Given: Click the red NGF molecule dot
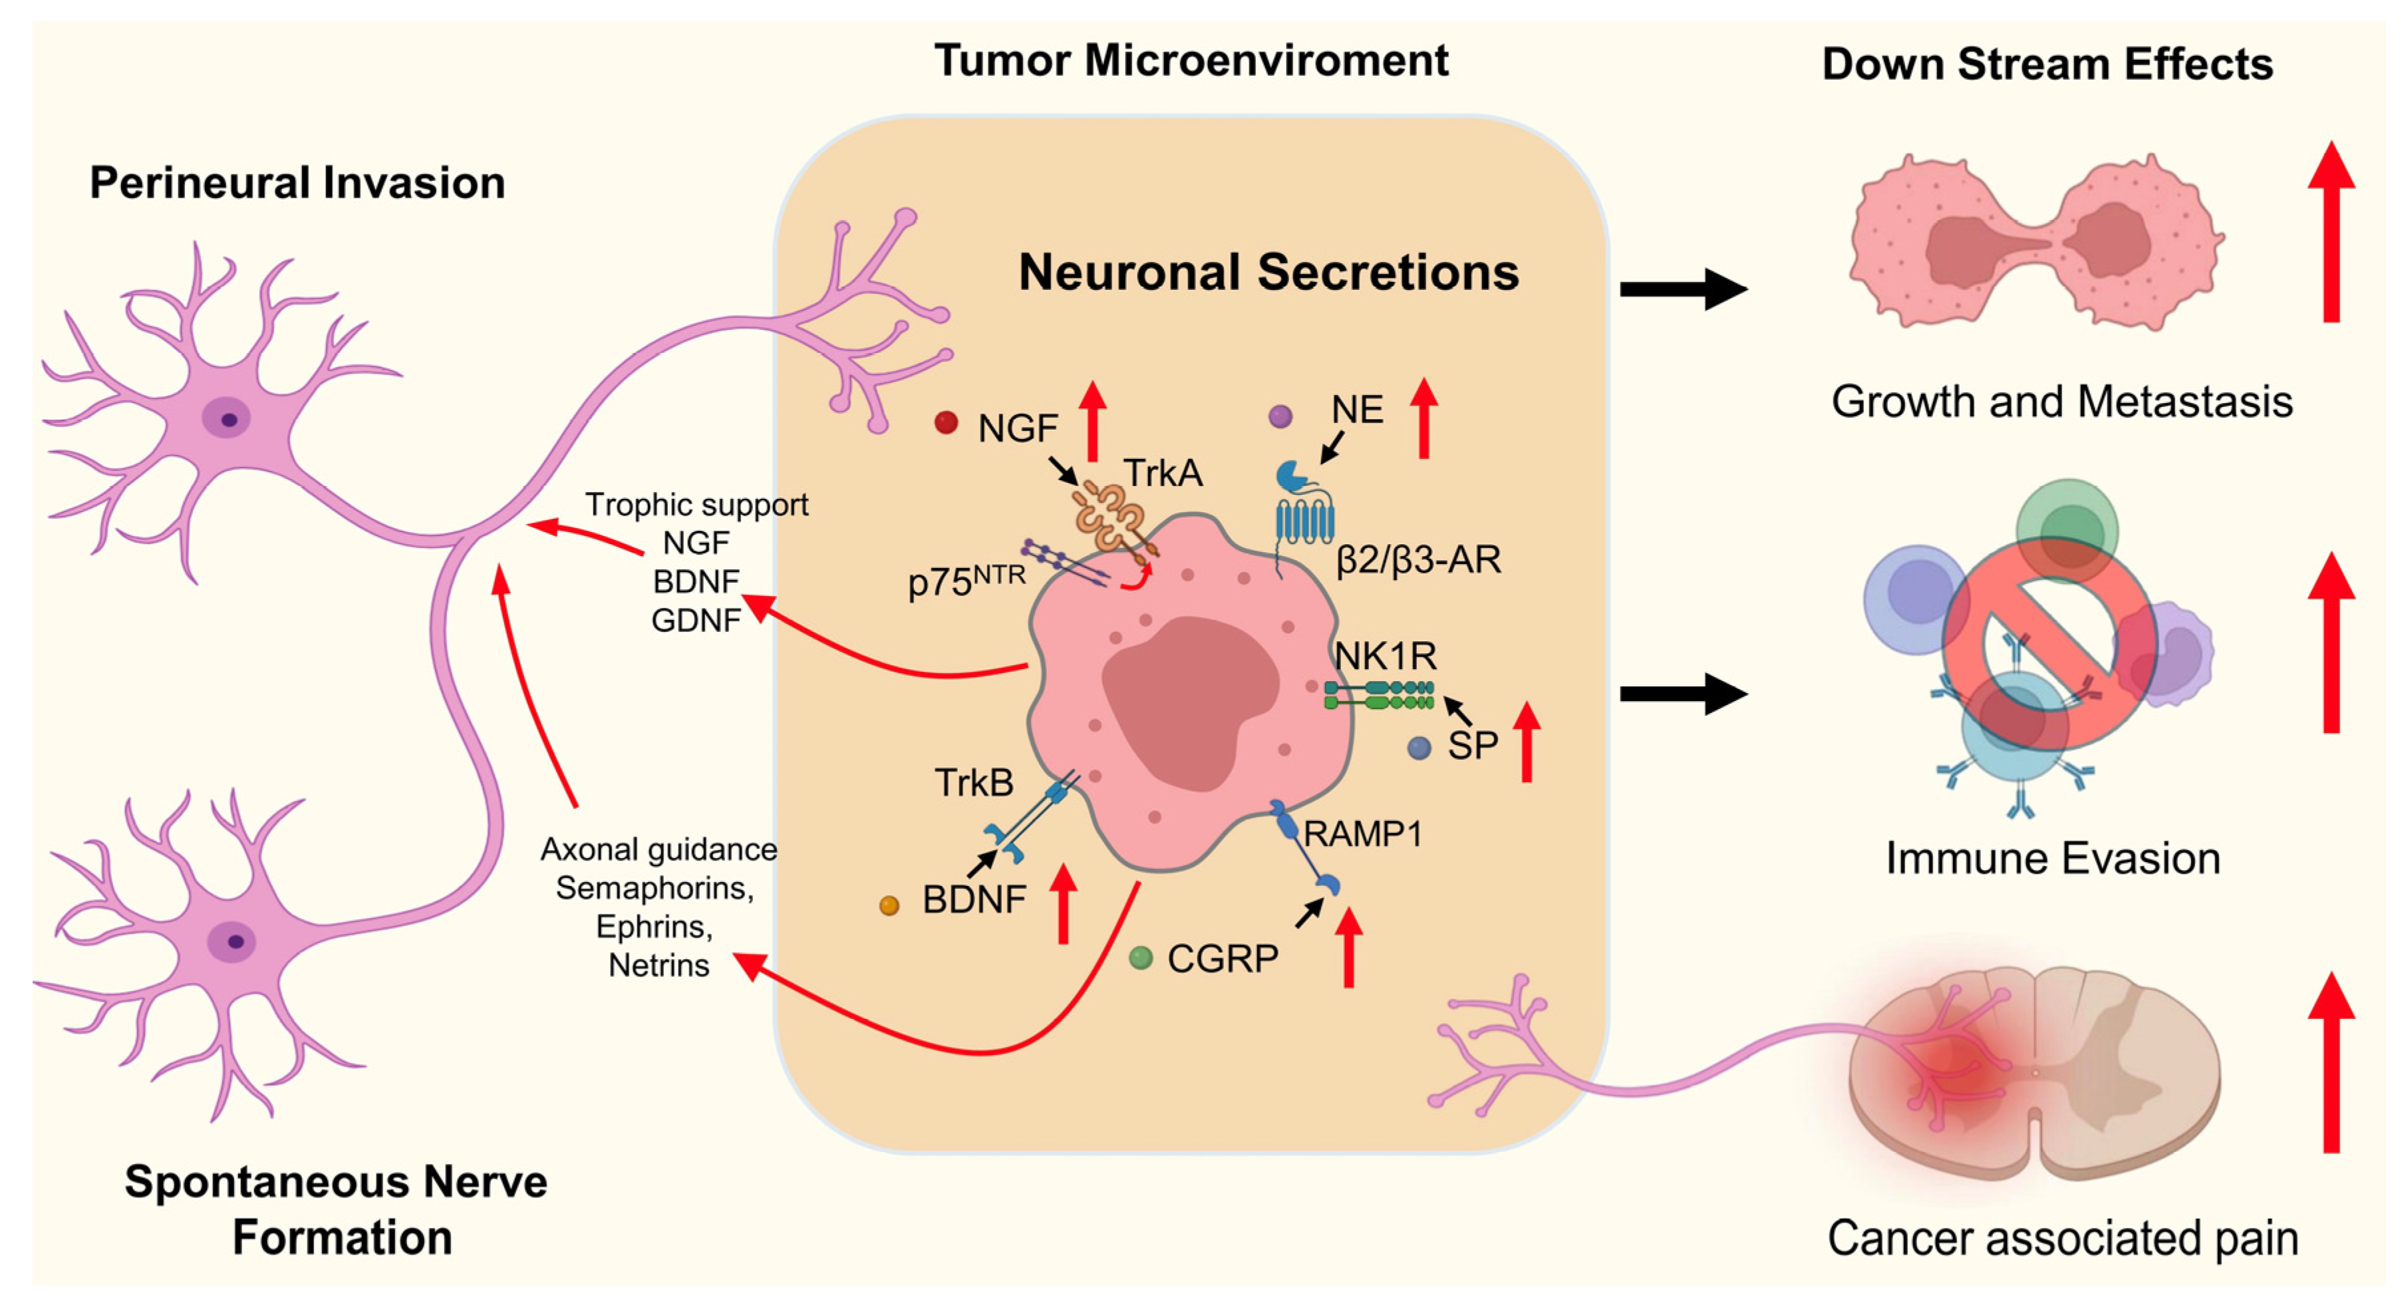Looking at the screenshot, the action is click(x=946, y=423).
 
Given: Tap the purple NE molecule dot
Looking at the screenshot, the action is click(x=1280, y=416).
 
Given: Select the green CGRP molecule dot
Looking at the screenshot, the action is click(x=1140, y=957).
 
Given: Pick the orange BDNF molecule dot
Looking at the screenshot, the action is click(x=889, y=905).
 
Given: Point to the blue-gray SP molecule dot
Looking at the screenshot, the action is click(x=1419, y=747).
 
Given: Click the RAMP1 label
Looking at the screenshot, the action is click(x=1363, y=833).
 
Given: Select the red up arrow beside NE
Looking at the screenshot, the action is click(x=1424, y=418).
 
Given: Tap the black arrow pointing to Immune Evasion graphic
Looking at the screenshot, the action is click(x=1683, y=693).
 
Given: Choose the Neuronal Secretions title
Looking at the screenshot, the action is click(x=1269, y=272).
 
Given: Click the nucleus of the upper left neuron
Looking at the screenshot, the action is click(x=227, y=418).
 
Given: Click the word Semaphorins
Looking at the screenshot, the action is click(x=655, y=887).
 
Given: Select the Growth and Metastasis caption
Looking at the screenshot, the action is click(x=2061, y=402).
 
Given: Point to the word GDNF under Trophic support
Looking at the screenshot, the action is click(x=696, y=620).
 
